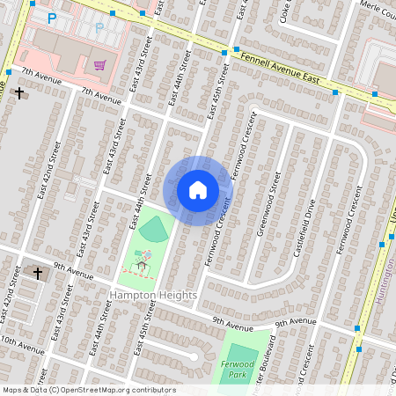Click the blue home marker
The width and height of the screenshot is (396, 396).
click(198, 190)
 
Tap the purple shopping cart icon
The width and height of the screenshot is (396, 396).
click(100, 64)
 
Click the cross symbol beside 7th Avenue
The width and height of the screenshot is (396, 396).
click(18, 92)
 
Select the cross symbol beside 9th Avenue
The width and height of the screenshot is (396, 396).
click(38, 274)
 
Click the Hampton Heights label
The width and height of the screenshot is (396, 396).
click(154, 296)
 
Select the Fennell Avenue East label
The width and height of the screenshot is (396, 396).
click(280, 67)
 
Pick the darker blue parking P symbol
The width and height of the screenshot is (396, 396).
click(52, 18)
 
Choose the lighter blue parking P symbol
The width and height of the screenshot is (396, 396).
click(99, 26)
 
